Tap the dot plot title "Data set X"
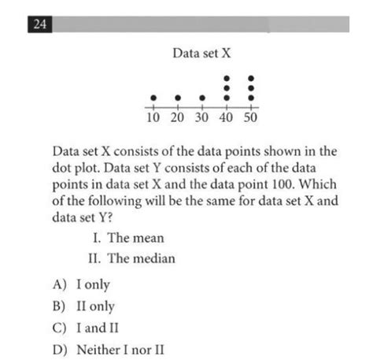pyautogui.click(x=202, y=54)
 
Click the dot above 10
pyautogui.click(x=153, y=98)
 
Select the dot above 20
pyautogui.click(x=178, y=98)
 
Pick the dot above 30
pyautogui.click(x=202, y=98)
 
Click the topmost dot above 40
pyautogui.click(x=227, y=79)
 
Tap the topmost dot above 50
pyautogui.click(x=252, y=79)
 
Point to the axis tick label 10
pyautogui.click(x=153, y=118)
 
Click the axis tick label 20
pyautogui.click(x=178, y=118)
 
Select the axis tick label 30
pyautogui.click(x=202, y=118)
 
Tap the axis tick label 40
pyautogui.click(x=227, y=118)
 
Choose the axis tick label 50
pyautogui.click(x=252, y=118)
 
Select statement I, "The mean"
pyautogui.click(x=129, y=238)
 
